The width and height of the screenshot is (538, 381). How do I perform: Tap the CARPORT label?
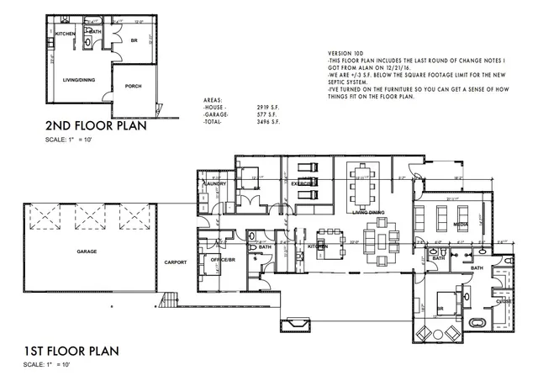176,262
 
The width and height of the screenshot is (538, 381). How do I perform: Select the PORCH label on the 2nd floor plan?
133,86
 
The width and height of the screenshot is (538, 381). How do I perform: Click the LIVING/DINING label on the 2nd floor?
78,81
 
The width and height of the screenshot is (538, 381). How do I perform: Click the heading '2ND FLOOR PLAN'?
92,127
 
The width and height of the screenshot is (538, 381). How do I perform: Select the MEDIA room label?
461,225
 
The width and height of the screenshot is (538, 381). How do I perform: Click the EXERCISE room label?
301,182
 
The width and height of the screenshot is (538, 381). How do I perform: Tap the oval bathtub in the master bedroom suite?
477,322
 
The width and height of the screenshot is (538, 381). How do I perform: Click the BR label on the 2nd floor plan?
133,40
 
